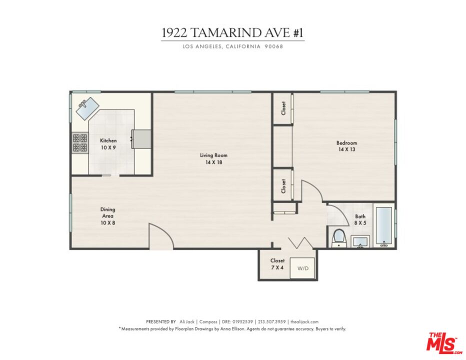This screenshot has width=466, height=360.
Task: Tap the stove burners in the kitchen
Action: [80, 143]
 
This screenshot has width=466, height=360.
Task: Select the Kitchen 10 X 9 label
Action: [108, 144]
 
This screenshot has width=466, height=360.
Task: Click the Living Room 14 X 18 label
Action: [213, 158]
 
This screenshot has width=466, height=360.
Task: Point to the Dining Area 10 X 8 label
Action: [108, 216]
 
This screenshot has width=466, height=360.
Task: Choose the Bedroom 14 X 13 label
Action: [346, 146]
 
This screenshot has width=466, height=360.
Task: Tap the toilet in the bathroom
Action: [339, 237]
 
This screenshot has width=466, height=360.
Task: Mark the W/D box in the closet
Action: [303, 268]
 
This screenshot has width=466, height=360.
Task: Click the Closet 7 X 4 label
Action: [277, 263]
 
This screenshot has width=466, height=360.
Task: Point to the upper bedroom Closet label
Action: [283, 108]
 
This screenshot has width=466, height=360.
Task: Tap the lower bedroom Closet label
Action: [283, 186]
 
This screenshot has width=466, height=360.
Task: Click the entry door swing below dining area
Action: [159, 237]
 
